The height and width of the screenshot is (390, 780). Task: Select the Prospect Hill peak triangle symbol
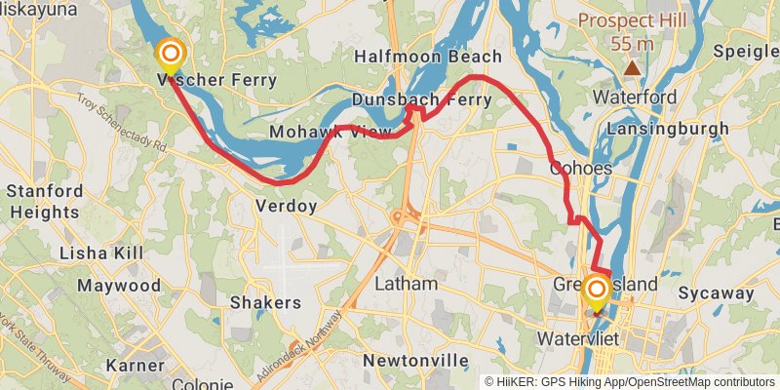[633, 67]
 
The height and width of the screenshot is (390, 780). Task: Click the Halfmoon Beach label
[442, 57]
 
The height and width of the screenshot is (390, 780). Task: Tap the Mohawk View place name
[318, 132]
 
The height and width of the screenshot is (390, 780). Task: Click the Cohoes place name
[581, 168]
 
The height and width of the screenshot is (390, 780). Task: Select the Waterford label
[635, 97]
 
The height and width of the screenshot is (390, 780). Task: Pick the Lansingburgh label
[668, 129]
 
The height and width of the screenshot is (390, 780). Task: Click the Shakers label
[265, 302]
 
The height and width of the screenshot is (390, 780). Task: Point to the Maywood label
[119, 286]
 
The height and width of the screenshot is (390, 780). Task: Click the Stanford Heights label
[44, 201]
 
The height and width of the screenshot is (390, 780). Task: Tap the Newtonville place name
[416, 361]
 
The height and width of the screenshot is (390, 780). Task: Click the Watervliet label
[579, 339]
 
